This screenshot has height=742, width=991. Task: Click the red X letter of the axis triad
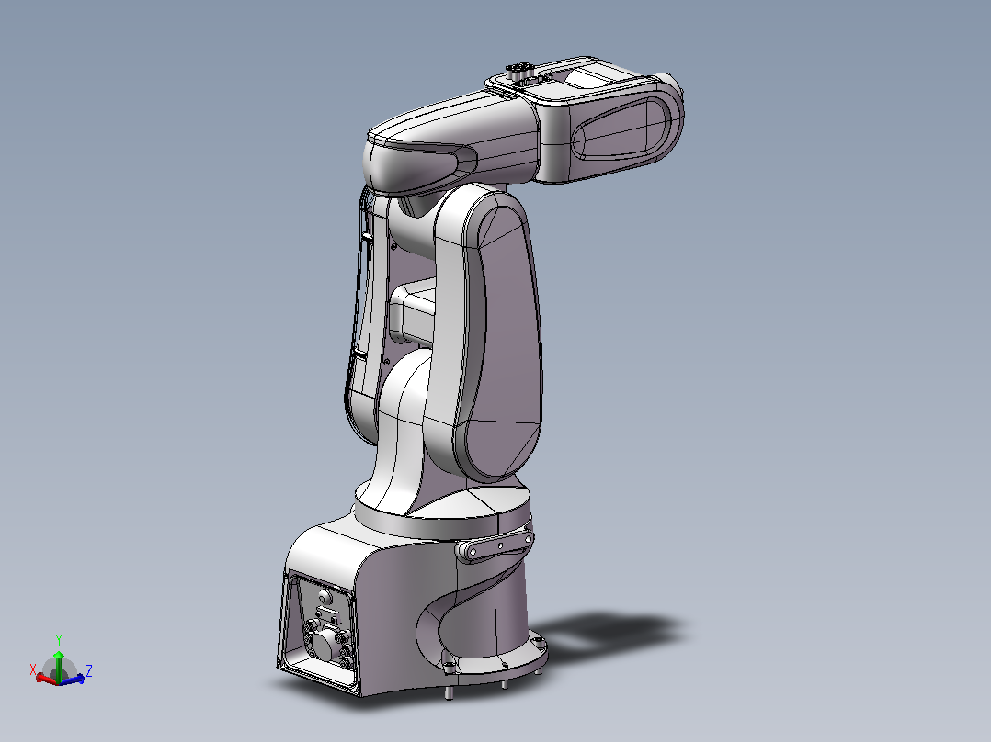coord(33,669)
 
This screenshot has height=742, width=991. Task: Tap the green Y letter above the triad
coord(59,640)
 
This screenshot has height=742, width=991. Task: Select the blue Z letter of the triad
coord(89,670)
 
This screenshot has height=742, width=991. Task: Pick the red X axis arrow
coord(47,679)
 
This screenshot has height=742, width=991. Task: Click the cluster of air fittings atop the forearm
coord(520,70)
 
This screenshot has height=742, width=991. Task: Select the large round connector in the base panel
coord(325,645)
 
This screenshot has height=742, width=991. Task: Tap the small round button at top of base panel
coord(325,597)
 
